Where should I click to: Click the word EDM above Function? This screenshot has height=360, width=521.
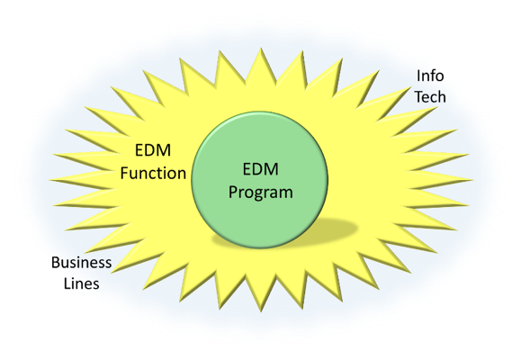[153, 150]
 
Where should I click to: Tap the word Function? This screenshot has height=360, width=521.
[153, 173]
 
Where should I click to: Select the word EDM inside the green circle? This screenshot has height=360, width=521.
[261, 169]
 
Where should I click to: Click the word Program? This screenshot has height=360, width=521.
[261, 193]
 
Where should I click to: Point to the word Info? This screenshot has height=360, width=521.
[430, 76]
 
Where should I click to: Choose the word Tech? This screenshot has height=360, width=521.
[430, 97]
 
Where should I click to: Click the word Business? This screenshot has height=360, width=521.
[81, 263]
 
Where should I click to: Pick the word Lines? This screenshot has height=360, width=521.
[81, 283]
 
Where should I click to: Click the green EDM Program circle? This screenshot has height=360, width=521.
[260, 180]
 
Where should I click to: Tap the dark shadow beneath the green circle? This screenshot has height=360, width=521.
[332, 229]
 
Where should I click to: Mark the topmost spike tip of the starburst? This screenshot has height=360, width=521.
[261, 49]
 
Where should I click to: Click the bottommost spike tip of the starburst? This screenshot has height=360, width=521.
[261, 311]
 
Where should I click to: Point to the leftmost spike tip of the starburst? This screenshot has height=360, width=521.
[49, 180]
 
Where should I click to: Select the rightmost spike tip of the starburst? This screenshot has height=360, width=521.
[472, 180]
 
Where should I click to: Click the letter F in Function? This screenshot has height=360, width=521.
[124, 173]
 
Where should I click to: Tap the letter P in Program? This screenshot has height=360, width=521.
[233, 192]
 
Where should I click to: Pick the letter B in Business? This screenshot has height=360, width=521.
[56, 263]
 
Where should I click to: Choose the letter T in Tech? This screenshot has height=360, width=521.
[419, 97]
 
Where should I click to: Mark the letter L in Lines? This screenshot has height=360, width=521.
[67, 283]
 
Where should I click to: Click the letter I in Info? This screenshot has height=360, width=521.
[418, 76]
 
